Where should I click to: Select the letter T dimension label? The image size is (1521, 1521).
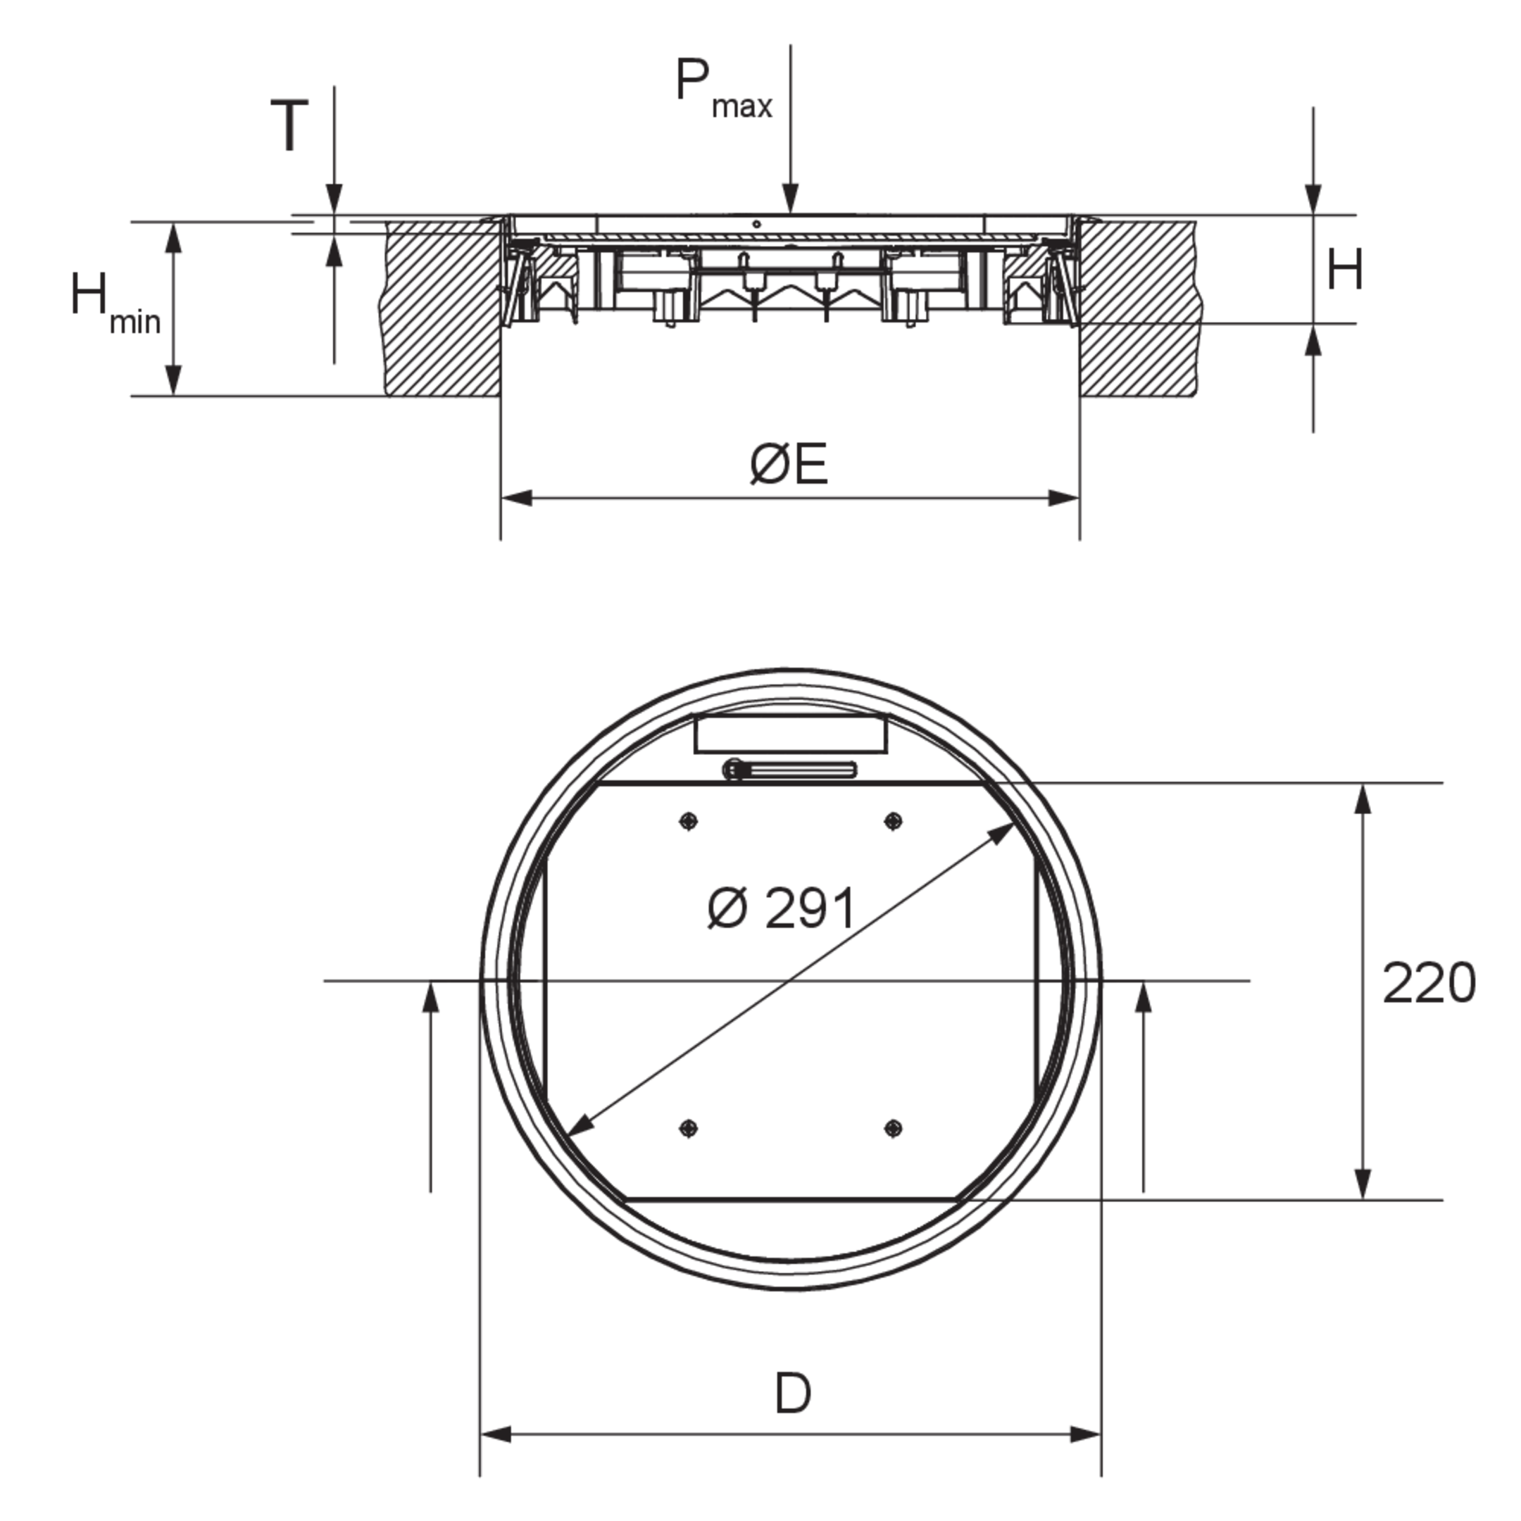(289, 125)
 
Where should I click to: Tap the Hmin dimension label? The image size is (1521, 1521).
(115, 303)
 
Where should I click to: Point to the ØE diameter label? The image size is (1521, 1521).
(789, 464)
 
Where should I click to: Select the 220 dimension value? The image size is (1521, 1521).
(1429, 983)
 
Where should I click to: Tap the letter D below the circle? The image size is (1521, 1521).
(792, 1394)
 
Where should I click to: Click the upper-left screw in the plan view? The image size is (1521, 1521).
(688, 821)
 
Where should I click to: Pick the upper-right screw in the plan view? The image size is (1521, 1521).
(892, 821)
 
